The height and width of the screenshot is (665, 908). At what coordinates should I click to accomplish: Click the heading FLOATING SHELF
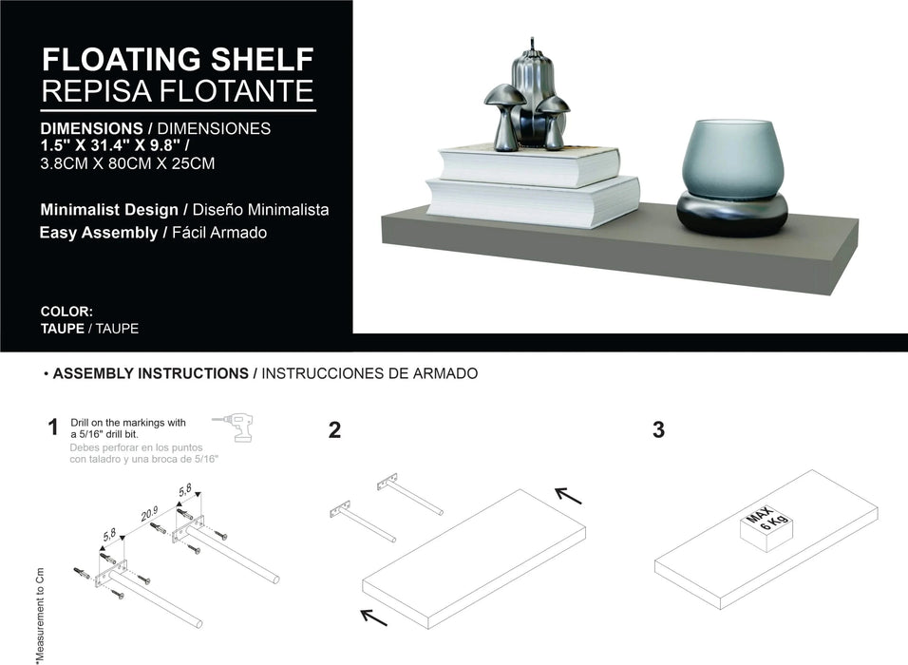[x=178, y=60]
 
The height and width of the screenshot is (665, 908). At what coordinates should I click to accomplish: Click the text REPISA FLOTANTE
[x=178, y=91]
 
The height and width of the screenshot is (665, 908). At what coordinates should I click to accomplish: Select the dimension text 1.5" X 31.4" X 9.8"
[x=114, y=145]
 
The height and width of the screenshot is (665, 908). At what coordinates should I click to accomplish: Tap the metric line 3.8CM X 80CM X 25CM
[x=127, y=163]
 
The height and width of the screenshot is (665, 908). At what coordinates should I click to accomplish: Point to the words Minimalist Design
[x=108, y=209]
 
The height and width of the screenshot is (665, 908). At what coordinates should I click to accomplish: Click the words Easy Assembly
[x=99, y=232]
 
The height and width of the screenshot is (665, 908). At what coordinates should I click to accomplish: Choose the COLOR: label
[x=66, y=312]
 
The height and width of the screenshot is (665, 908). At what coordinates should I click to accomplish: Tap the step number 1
[x=53, y=428]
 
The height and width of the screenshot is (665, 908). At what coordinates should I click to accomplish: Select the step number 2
[x=334, y=430]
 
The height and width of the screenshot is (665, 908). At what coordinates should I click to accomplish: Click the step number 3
[x=658, y=430]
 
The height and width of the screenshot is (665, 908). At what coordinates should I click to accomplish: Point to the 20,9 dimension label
[x=149, y=514]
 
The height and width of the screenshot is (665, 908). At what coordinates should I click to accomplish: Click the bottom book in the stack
[x=532, y=201]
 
